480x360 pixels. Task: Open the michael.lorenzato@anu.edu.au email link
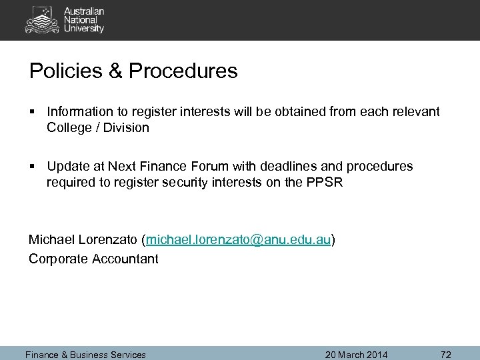[x=238, y=240]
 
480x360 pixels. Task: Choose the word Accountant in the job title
[x=123, y=258]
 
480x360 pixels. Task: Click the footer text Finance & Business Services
[x=85, y=354]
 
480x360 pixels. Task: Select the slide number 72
[x=446, y=354]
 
